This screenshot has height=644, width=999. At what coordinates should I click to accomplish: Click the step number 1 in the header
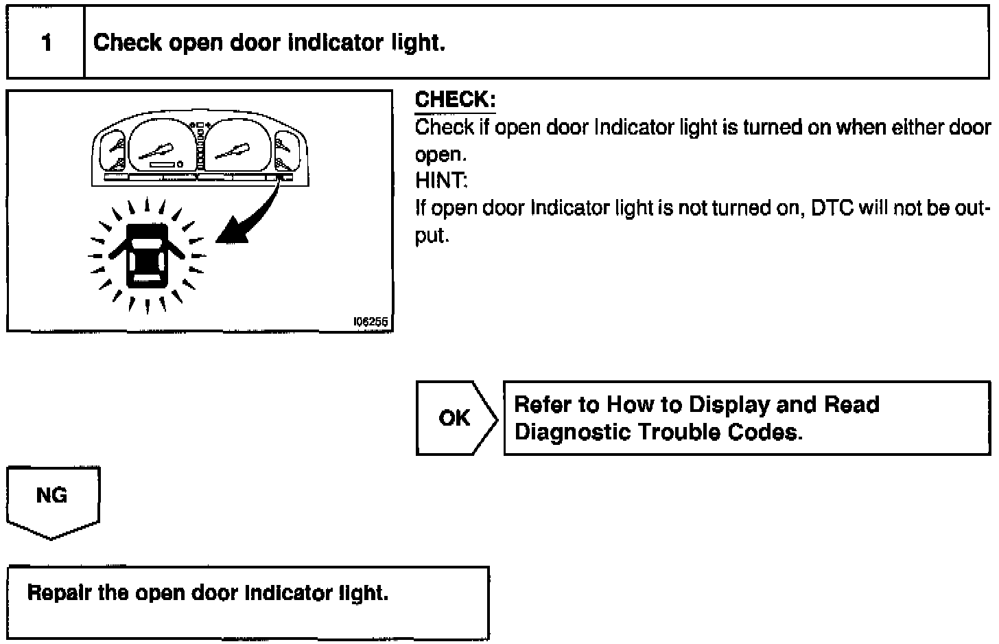pyautogui.click(x=46, y=43)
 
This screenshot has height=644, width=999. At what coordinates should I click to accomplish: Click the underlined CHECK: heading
pyautogui.click(x=455, y=100)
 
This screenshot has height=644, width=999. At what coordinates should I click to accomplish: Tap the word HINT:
pyautogui.click(x=441, y=181)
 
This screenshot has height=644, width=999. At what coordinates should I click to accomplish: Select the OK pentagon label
pyautogui.click(x=454, y=417)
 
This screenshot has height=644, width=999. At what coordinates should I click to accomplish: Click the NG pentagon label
pyautogui.click(x=52, y=496)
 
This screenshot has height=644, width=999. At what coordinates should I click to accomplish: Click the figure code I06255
pyautogui.click(x=371, y=321)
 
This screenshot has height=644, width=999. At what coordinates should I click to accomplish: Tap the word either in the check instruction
pyautogui.click(x=916, y=127)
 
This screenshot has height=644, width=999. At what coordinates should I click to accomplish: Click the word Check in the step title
pyautogui.click(x=128, y=43)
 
